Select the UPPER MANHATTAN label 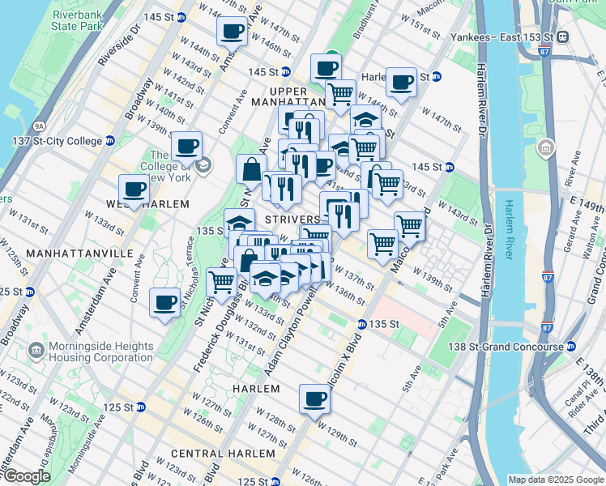(x=288, y=97)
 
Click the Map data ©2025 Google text (x=555, y=480)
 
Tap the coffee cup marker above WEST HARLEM (x=134, y=190)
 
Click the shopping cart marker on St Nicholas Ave (x=221, y=282)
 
